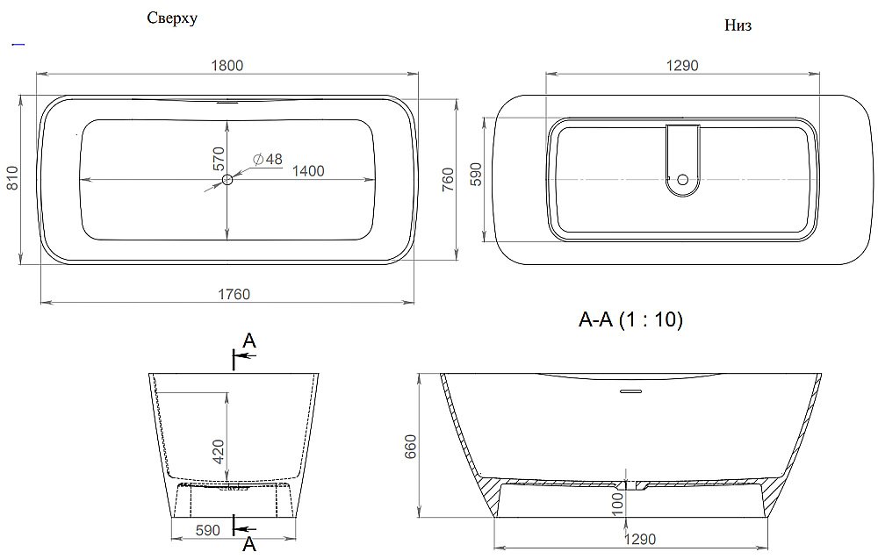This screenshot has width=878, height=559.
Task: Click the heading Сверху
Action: tap(172, 19)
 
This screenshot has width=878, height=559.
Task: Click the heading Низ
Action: tap(738, 26)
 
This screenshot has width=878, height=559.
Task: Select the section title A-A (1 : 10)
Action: tap(630, 320)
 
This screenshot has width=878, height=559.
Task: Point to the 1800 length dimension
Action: tap(227, 65)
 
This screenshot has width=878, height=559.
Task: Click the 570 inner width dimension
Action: tap(219, 158)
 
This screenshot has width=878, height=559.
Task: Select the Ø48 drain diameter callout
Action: tap(267, 159)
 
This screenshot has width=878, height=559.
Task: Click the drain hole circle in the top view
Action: tap(227, 180)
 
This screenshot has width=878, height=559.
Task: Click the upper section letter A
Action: tap(249, 341)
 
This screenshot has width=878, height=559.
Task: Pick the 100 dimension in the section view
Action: tap(617, 503)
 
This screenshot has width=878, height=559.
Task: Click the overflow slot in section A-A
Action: tap(630, 390)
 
